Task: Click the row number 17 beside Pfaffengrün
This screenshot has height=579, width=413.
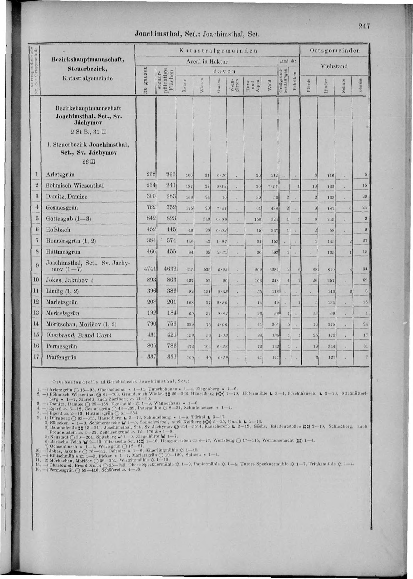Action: pos(36,357)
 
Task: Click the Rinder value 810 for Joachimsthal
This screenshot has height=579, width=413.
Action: pos(331,269)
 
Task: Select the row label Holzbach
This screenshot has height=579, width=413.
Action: pos(58,230)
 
